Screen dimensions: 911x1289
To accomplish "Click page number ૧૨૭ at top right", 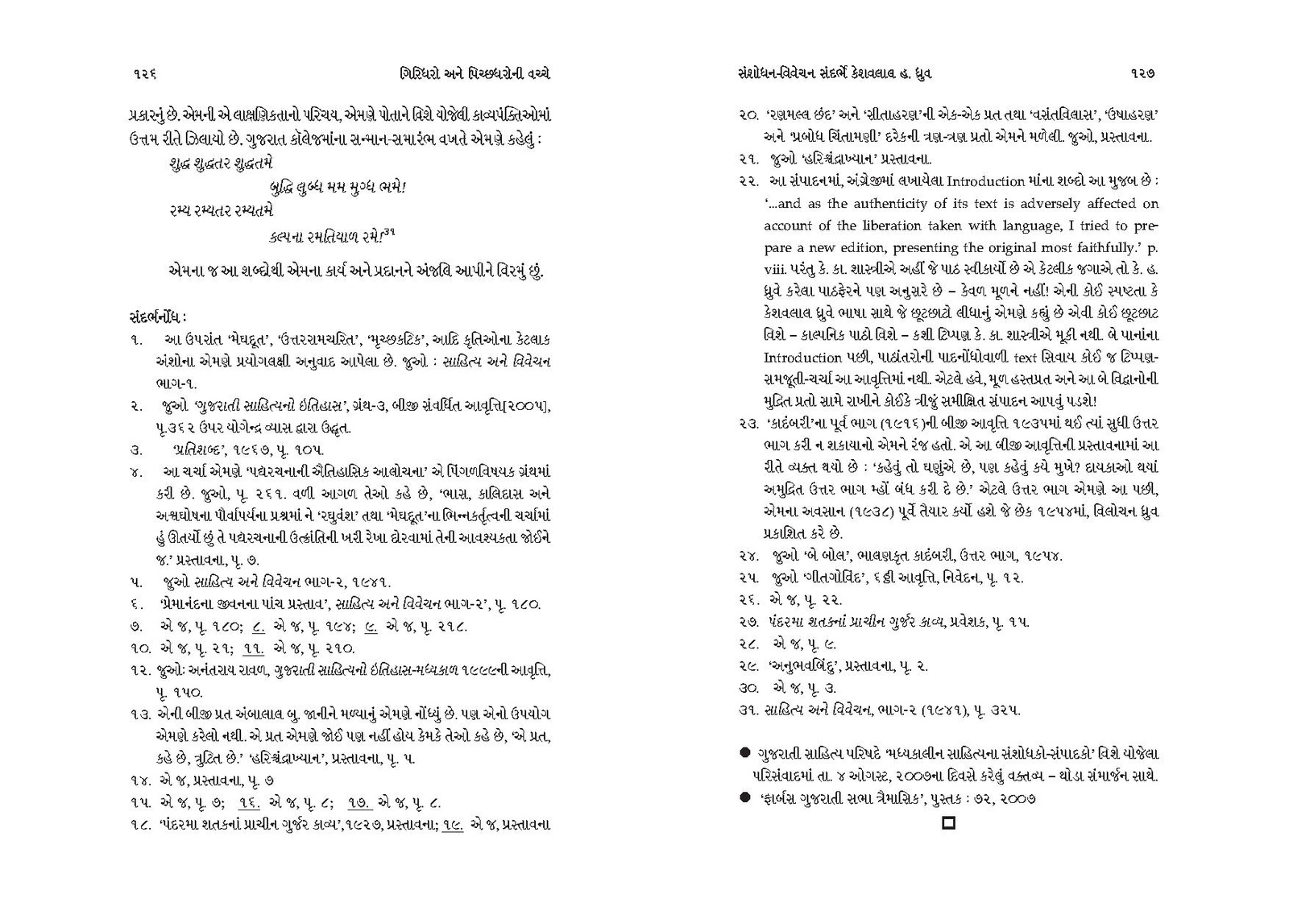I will [x=1144, y=73].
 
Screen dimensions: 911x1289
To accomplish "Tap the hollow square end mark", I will [x=949, y=824].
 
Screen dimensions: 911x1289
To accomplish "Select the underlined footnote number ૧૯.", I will [x=452, y=824].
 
